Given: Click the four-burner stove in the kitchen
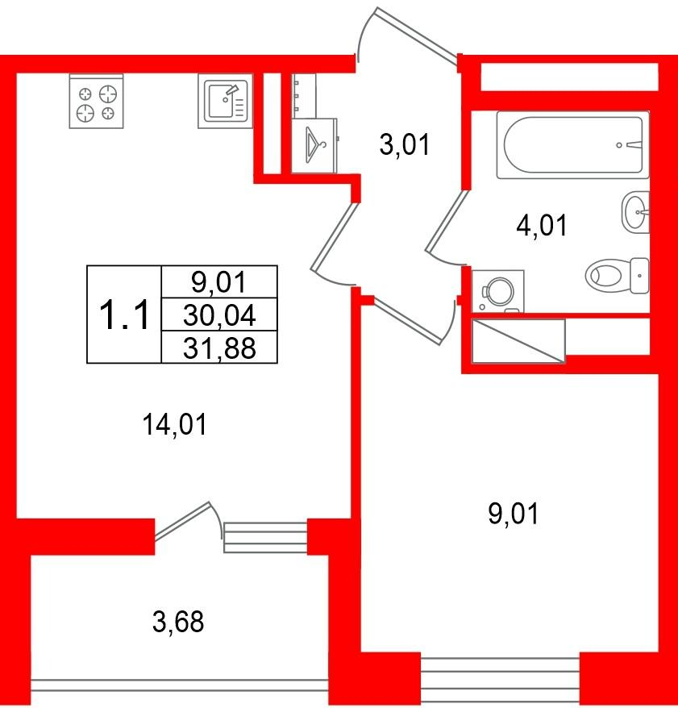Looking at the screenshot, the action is pyautogui.click(x=96, y=101).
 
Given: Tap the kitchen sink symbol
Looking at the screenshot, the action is pyautogui.click(x=225, y=101).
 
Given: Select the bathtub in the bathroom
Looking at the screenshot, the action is pyautogui.click(x=573, y=145).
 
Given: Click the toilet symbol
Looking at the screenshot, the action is pyautogui.click(x=617, y=275).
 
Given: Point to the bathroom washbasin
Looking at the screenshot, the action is pyautogui.click(x=635, y=212).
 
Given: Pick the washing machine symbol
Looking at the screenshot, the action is pyautogui.click(x=498, y=291).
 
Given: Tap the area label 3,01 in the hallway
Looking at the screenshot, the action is pyautogui.click(x=405, y=145).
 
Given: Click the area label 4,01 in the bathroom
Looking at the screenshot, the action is pyautogui.click(x=542, y=225).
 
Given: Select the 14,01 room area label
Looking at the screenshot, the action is pyautogui.click(x=175, y=425).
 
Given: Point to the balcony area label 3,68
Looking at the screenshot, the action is pyautogui.click(x=178, y=621).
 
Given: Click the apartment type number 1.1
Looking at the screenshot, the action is pyautogui.click(x=124, y=314).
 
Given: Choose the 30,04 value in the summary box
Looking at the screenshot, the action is pyautogui.click(x=219, y=314).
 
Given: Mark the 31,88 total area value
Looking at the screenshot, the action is pyautogui.click(x=219, y=348).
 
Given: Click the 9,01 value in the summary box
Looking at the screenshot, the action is pyautogui.click(x=219, y=282).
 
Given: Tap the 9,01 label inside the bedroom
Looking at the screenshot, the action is pyautogui.click(x=514, y=514).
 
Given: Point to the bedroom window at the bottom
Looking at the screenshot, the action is pyautogui.click(x=500, y=679).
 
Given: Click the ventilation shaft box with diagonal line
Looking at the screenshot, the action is pyautogui.click(x=518, y=341).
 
